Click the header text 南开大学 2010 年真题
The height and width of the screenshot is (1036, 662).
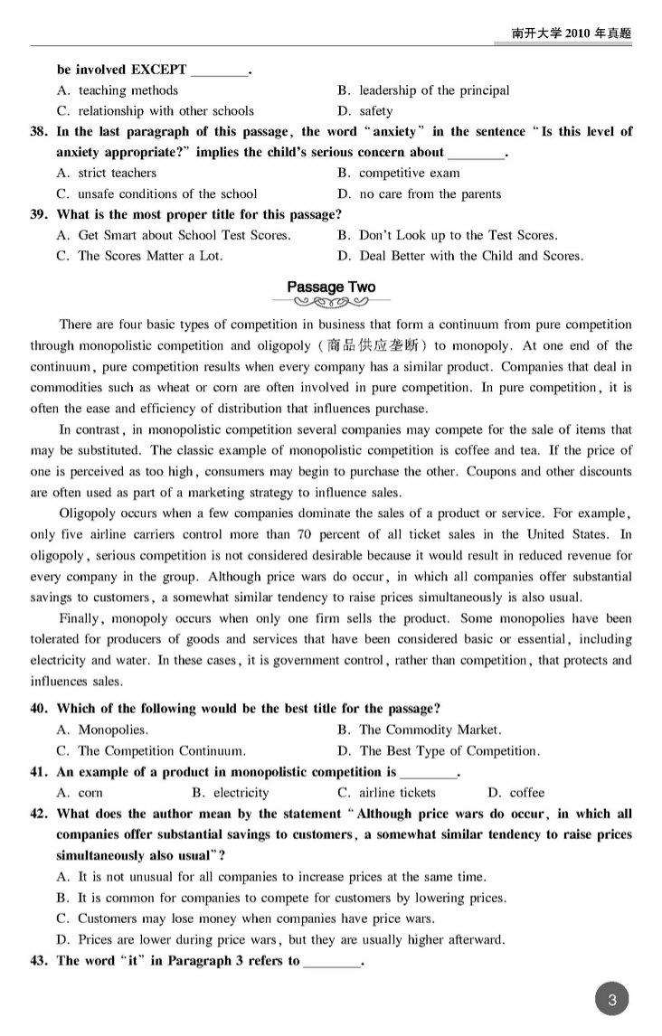[x=571, y=33]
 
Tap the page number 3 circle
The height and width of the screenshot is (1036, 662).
[x=612, y=1000]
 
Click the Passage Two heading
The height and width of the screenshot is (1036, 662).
[x=331, y=287]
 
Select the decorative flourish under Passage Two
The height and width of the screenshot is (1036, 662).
[x=331, y=303]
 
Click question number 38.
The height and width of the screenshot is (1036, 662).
[x=39, y=132]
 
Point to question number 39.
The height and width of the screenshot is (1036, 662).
[x=39, y=215]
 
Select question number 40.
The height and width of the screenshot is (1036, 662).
[x=39, y=709]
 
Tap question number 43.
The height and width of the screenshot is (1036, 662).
[x=39, y=961]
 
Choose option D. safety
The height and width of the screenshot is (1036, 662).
[x=364, y=111]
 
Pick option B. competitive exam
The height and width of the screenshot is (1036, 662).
[x=398, y=173]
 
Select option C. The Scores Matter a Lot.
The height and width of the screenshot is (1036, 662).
[x=139, y=256]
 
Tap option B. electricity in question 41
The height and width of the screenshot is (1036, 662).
[x=231, y=793]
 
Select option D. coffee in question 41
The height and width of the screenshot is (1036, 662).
[x=516, y=793]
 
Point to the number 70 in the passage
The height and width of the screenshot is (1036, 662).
[x=304, y=534]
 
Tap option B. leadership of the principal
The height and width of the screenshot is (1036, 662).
[x=423, y=90]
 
